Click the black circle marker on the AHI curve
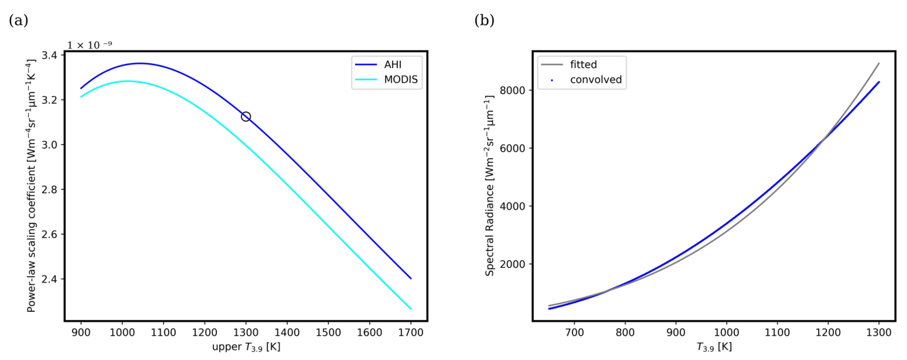point(246,116)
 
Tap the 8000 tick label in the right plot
point(512,91)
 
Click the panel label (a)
point(18,20)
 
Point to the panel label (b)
point(484,20)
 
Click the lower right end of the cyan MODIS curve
point(411,309)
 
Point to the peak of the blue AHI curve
point(140,63)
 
